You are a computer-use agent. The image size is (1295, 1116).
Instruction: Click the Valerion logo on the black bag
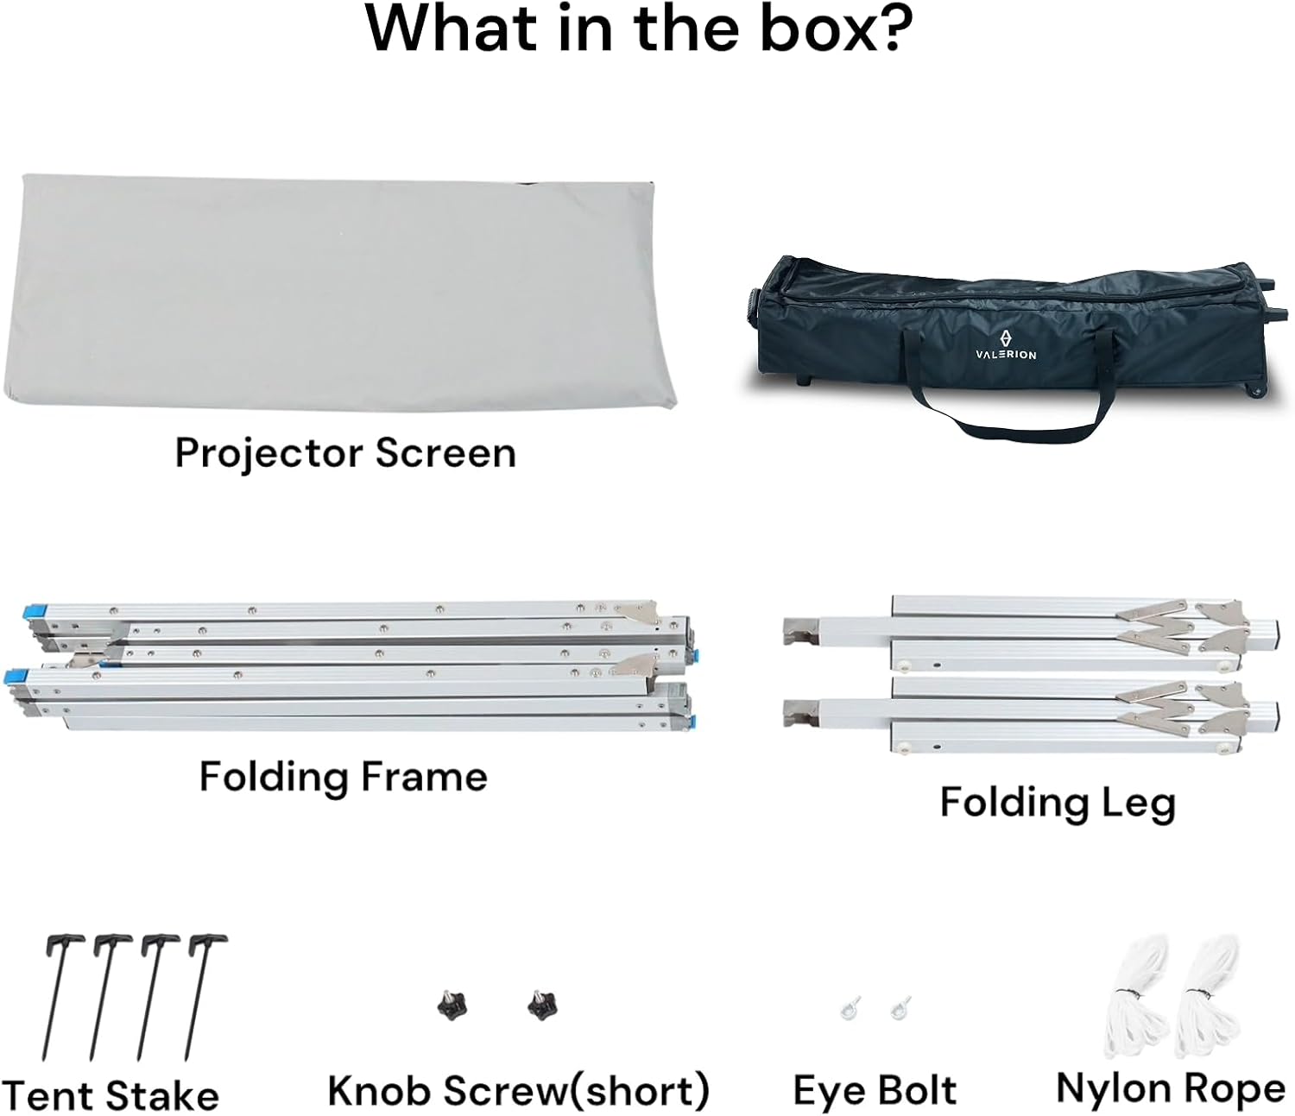[x=1006, y=344]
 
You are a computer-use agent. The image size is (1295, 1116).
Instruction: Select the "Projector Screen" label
[x=345, y=453]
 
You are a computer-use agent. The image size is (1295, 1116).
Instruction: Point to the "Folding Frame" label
[x=343, y=777]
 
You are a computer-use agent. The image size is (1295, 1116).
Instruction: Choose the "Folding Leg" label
[x=1058, y=803]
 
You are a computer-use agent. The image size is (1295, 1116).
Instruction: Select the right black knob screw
[x=542, y=1005]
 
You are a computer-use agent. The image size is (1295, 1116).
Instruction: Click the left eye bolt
[x=850, y=1007]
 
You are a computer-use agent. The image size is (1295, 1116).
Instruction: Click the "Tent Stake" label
[x=111, y=1095]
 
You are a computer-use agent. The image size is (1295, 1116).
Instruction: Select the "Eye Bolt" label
[x=875, y=1091]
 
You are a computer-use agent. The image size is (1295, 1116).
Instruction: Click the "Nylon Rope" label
[x=1171, y=1089]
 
